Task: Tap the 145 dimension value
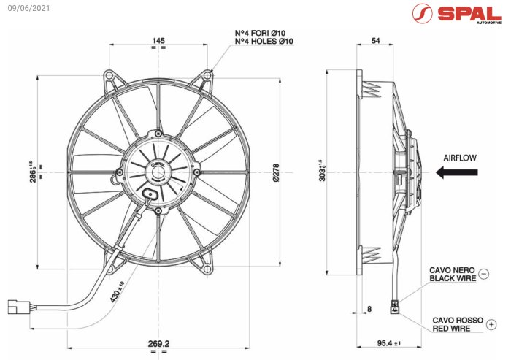click(x=158, y=41)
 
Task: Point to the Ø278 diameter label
click(x=275, y=172)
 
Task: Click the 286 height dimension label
click(x=33, y=172)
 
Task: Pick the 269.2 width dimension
click(x=158, y=342)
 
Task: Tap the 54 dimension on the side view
click(x=375, y=41)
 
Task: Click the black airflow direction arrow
click(x=457, y=172)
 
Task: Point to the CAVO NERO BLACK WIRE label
click(x=453, y=274)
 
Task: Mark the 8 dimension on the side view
click(x=369, y=309)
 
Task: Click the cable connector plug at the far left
click(x=18, y=306)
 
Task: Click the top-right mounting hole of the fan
click(x=208, y=76)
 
